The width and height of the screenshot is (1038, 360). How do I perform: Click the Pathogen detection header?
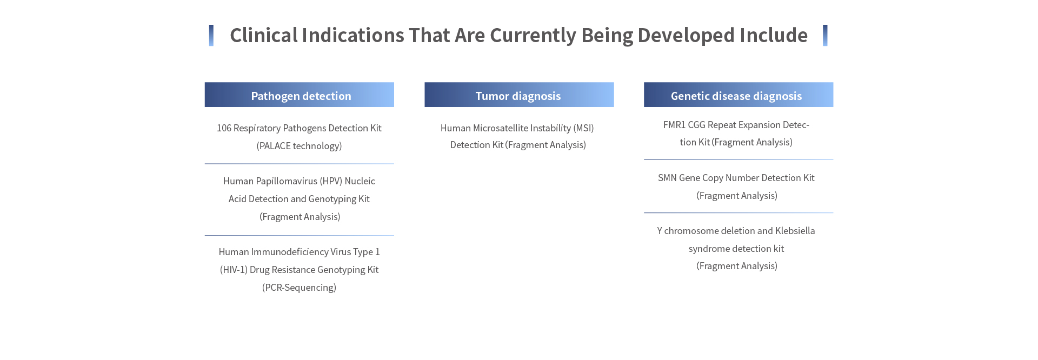[x=299, y=95]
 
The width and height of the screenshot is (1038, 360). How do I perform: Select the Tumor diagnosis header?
[x=519, y=95]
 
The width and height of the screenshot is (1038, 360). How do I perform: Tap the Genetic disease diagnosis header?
[x=738, y=95]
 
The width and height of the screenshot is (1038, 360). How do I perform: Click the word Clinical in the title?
[x=264, y=35]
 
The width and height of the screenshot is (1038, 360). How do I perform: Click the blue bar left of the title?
[x=211, y=36]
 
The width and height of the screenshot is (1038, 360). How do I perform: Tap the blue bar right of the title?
[x=825, y=36]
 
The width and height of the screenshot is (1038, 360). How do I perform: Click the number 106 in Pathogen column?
[x=224, y=128]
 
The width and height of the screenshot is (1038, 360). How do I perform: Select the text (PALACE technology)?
[x=299, y=146]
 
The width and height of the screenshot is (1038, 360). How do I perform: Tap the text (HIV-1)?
[x=234, y=270]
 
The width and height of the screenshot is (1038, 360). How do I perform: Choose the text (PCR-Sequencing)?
[x=299, y=288]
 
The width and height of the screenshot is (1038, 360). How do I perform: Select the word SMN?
[x=667, y=178]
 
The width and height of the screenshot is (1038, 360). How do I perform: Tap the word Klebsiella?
[x=795, y=231]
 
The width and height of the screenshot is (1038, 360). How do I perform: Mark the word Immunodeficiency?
[x=289, y=252]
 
